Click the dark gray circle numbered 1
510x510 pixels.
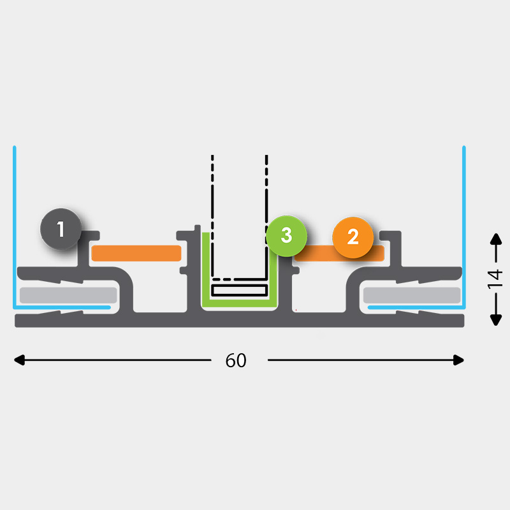point(61,229)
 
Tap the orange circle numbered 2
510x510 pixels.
point(353,237)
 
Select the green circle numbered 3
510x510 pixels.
point(286,236)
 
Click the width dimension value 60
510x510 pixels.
point(236,360)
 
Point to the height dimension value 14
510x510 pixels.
point(495,279)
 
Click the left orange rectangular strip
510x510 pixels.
point(136,253)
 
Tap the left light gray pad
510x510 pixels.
point(68,295)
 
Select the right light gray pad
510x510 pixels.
point(412,295)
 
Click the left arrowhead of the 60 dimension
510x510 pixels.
point(19,360)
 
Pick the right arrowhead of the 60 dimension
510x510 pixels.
point(458,360)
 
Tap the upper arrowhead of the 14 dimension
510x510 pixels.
point(496,239)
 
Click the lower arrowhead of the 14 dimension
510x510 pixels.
point(496,319)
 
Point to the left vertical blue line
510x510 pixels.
point(14,227)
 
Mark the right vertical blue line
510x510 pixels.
point(464,227)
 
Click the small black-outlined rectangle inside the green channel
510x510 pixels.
point(240,290)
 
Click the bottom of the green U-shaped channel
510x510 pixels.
point(240,303)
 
